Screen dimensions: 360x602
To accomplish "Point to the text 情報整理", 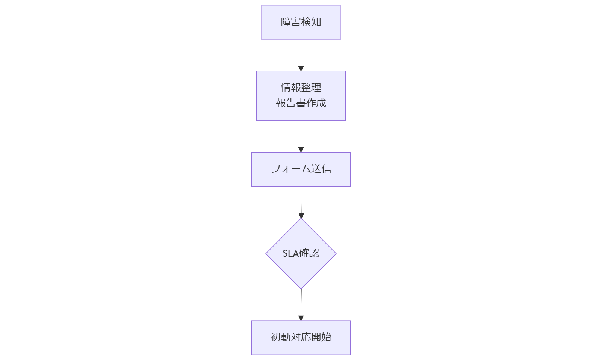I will click(301, 88).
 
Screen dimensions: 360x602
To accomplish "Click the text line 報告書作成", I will click(301, 103).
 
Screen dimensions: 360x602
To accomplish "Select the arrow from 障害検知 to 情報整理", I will click(301, 54).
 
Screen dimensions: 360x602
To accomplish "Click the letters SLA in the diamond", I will click(290, 254).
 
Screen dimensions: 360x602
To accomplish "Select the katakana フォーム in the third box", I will click(290, 169).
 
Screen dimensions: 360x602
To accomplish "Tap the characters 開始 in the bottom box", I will click(321, 337).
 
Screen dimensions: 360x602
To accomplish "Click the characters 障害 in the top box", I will click(291, 22).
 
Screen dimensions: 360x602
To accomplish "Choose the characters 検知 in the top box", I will click(311, 22).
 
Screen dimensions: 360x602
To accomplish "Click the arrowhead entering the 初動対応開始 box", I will click(301, 318).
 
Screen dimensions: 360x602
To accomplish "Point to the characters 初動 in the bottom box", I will click(280, 337).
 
